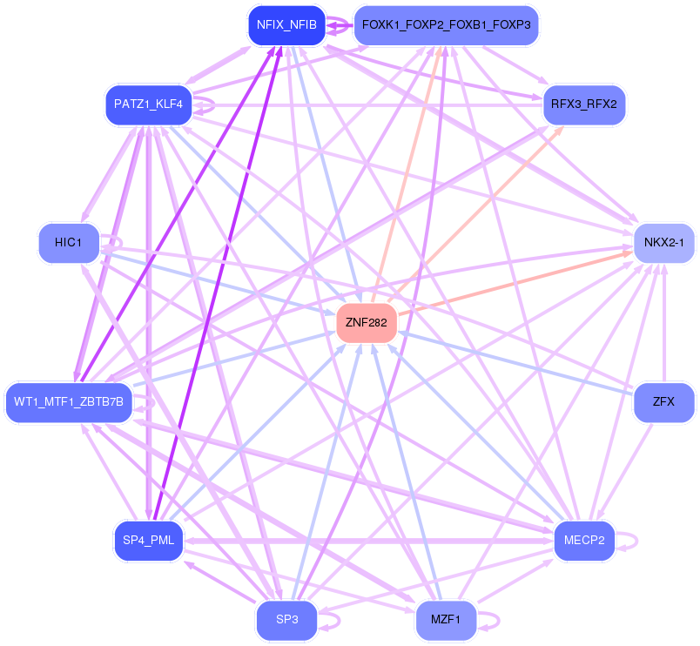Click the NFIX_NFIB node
point(287,25)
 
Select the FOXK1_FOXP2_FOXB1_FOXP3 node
point(446,25)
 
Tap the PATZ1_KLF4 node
point(149,104)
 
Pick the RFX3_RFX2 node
point(584,104)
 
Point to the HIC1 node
point(69,243)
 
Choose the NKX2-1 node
point(663,243)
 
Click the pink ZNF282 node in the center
point(367,323)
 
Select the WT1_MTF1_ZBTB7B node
point(69,402)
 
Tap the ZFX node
point(663,402)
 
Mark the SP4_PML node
point(149,541)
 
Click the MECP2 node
point(584,541)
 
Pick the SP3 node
point(287,620)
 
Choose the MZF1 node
point(446,620)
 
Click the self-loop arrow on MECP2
point(627,541)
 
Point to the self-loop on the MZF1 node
point(488,621)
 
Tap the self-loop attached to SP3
point(329,621)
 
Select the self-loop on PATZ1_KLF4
point(205,104)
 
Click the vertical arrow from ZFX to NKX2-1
point(663,323)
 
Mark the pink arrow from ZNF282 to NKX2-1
point(515,284)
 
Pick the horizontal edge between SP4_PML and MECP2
point(369,541)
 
